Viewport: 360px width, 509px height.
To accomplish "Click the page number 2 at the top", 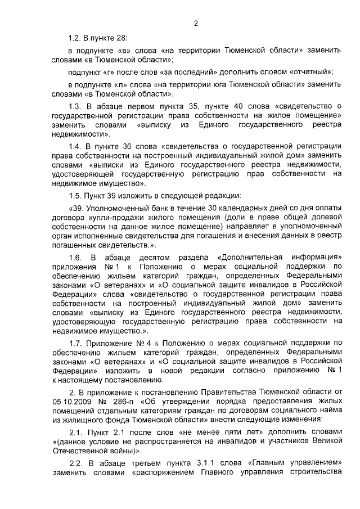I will [196, 24].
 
